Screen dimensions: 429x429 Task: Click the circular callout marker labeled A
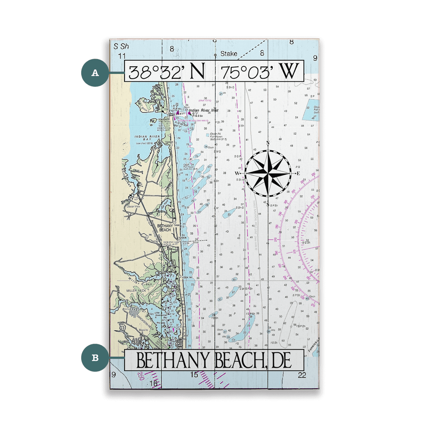point(95,73)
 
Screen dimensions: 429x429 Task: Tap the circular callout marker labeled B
point(95,358)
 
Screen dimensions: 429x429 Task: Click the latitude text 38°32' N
point(166,72)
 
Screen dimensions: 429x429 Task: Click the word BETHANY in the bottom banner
point(174,361)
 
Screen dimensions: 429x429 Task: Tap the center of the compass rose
point(268,173)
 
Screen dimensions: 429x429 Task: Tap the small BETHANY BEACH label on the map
point(164,228)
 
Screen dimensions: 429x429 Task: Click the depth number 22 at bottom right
point(302,375)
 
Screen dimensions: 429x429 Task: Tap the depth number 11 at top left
point(122,55)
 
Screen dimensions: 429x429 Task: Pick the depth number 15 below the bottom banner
point(194,375)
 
